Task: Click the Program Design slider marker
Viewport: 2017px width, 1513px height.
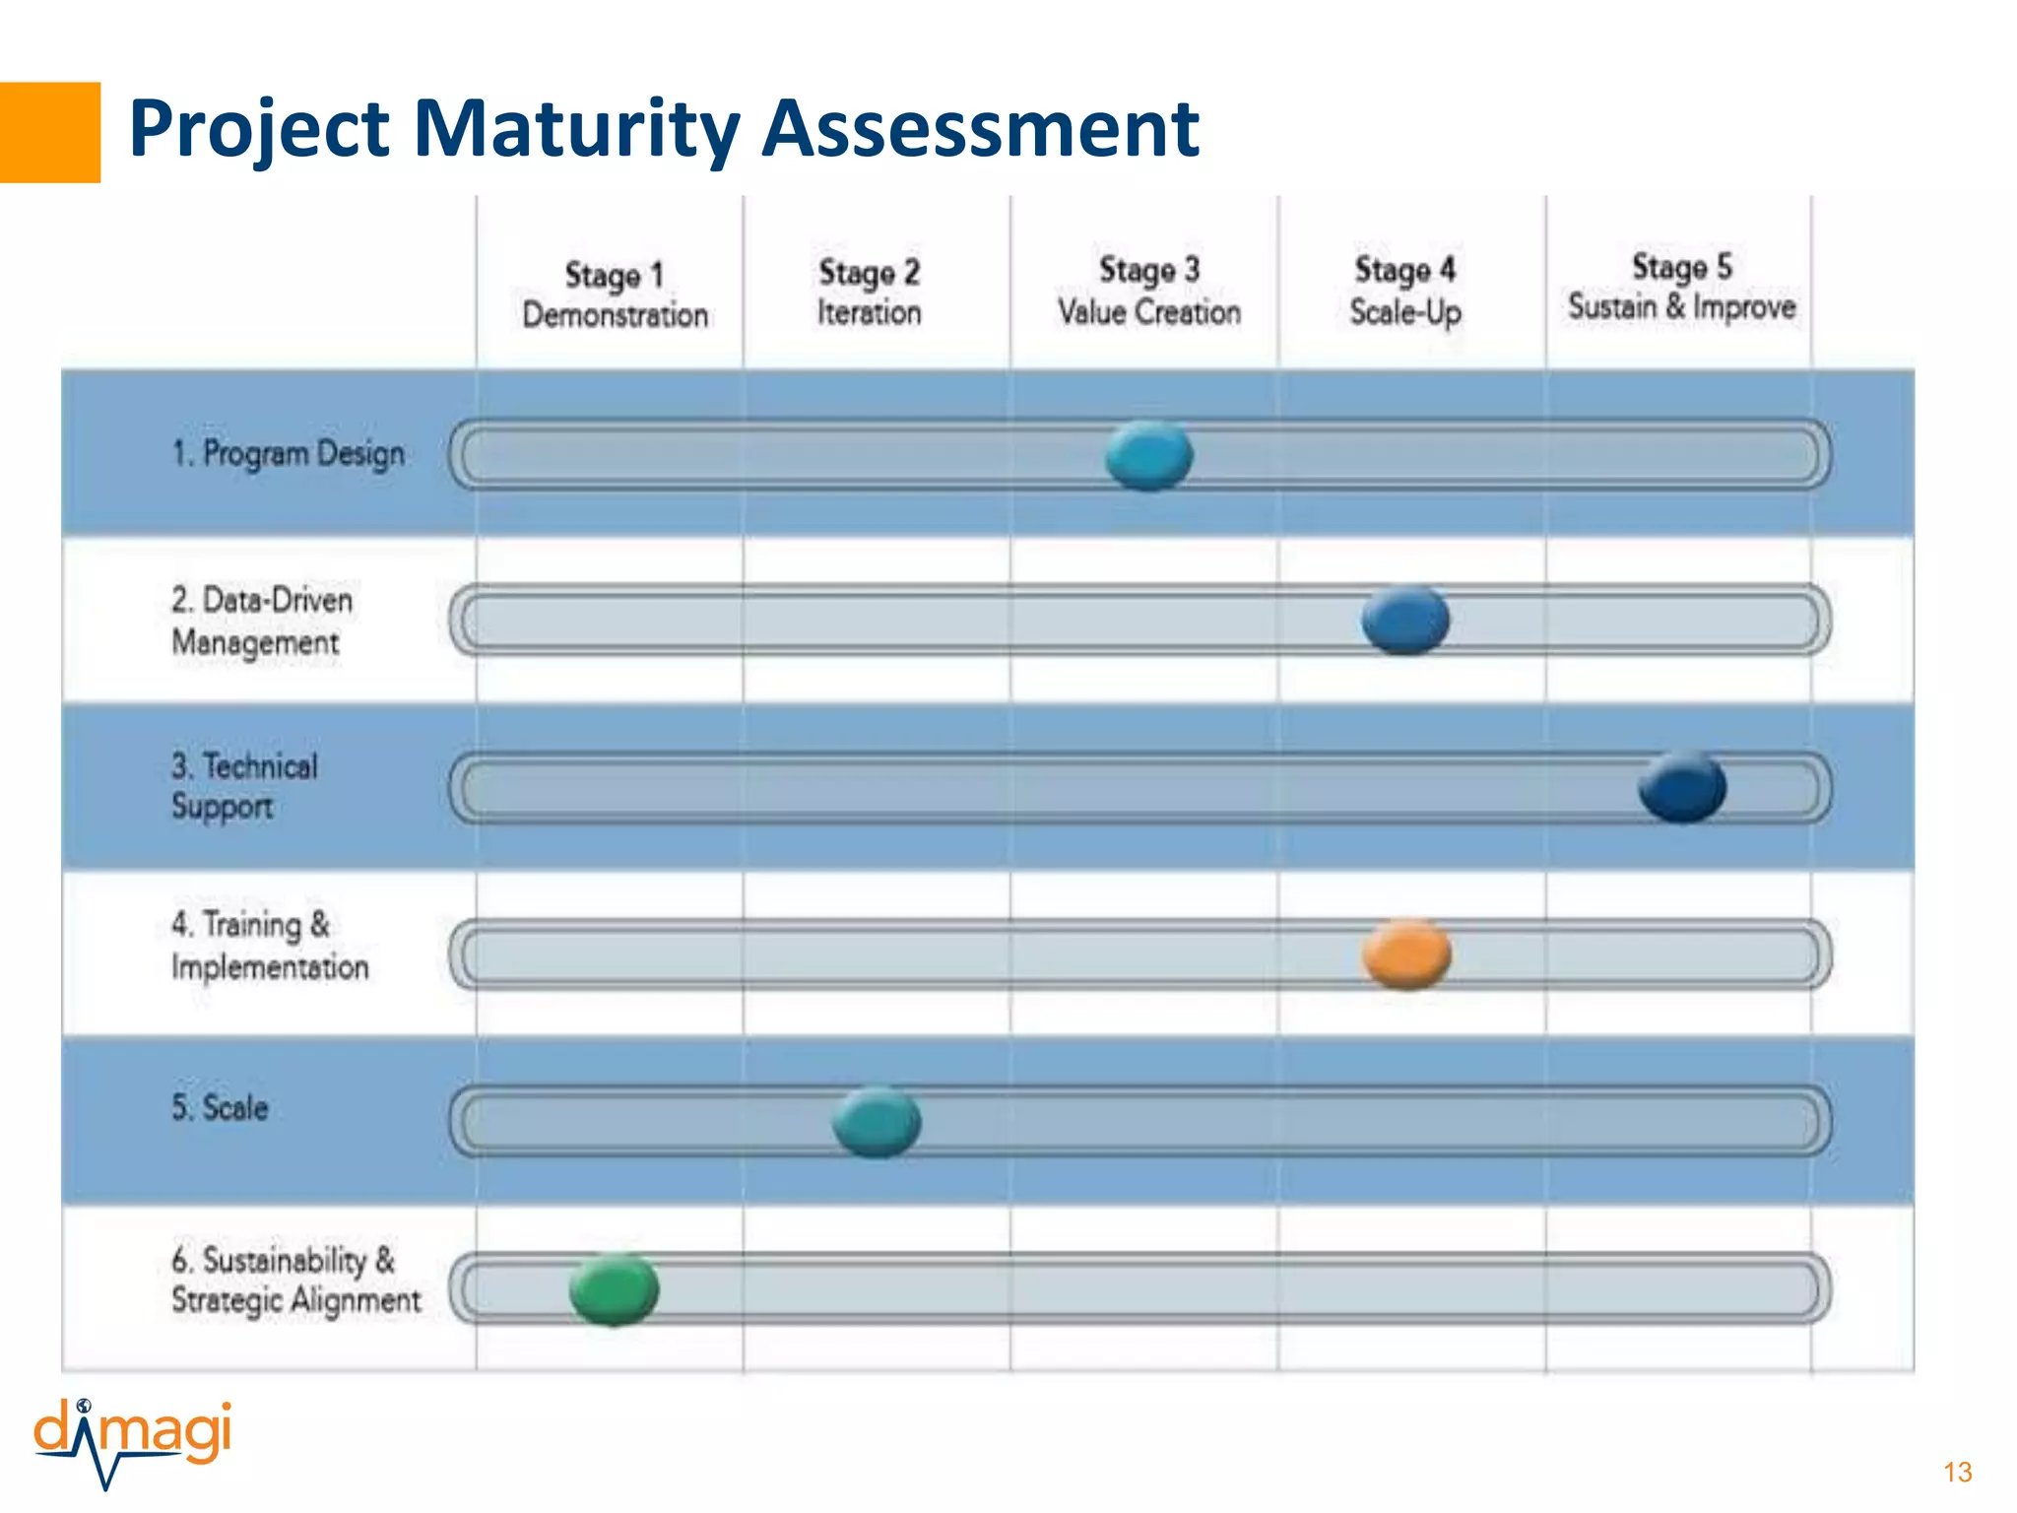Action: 1148,455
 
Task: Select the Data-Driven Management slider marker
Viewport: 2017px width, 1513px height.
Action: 1404,621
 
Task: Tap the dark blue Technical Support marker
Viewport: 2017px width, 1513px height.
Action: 1682,787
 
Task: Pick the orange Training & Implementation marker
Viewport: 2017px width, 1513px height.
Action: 1406,954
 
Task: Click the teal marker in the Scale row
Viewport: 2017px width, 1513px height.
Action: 877,1122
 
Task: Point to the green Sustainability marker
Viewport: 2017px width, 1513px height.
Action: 614,1289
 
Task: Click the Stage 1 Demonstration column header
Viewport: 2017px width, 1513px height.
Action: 615,295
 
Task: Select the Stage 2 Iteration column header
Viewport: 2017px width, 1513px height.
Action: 869,293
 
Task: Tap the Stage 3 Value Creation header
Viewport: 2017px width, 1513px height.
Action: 1149,291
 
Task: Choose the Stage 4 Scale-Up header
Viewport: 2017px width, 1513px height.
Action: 1405,291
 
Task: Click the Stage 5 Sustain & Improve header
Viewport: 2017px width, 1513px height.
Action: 1681,287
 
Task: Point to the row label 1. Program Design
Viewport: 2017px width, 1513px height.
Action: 289,453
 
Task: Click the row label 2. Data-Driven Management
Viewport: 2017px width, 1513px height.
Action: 261,621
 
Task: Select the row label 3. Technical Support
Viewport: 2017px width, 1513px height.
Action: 244,786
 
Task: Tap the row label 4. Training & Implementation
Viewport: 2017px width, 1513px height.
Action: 269,946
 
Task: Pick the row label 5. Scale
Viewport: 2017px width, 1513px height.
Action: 220,1107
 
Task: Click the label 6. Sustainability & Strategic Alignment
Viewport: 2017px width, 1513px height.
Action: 294,1280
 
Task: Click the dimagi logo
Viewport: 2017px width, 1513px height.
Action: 132,1440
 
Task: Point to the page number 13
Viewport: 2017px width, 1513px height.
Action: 1957,1473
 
